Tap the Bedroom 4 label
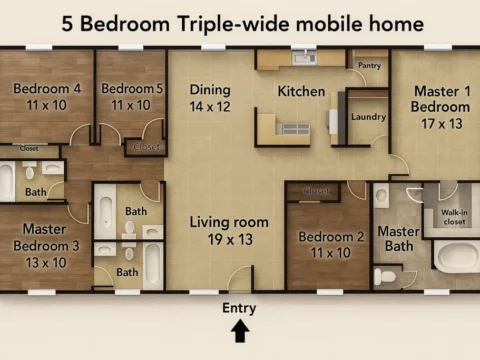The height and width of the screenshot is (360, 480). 47,88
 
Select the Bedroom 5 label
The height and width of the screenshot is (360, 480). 131,88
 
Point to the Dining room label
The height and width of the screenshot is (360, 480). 210,89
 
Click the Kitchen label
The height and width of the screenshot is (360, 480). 301,92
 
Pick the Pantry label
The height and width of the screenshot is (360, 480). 369,66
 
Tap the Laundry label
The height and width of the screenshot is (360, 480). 369,117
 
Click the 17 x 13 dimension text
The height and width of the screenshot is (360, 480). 441,124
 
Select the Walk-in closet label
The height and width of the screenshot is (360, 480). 454,216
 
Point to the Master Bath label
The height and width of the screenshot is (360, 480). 397,239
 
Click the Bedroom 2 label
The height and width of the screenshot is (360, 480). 331,237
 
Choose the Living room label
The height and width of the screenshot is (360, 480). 230,222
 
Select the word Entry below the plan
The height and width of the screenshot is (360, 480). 239,307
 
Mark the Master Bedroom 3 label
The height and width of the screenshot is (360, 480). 46,237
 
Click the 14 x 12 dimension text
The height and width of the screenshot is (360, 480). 210,105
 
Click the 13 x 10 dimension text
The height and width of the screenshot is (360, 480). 46,262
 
